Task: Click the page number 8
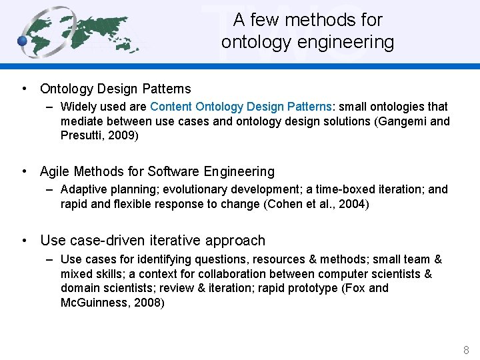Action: [466, 350]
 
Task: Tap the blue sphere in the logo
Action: [22, 41]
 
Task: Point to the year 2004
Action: [351, 204]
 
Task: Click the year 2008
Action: [147, 303]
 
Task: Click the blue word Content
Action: [171, 107]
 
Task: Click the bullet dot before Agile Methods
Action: [24, 171]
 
